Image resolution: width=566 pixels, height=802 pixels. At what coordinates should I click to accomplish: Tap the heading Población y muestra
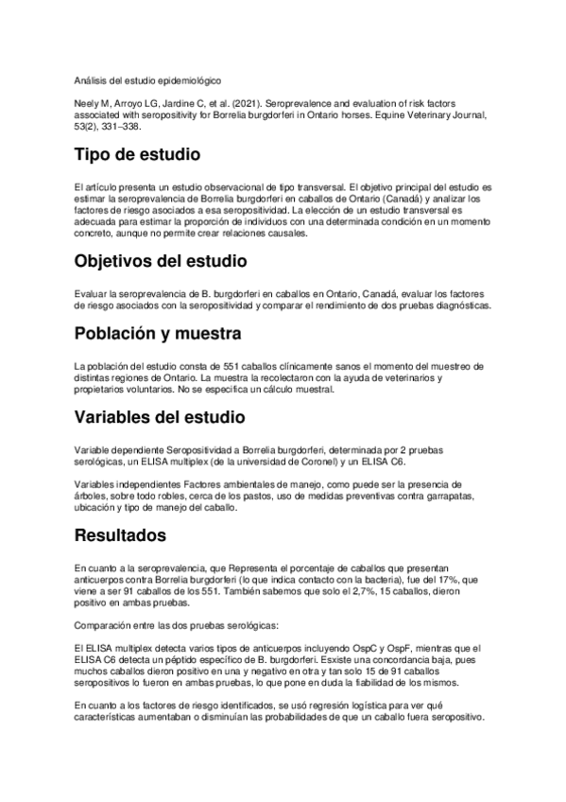(158, 333)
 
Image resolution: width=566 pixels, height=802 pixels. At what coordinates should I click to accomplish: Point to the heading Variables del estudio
(160, 417)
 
